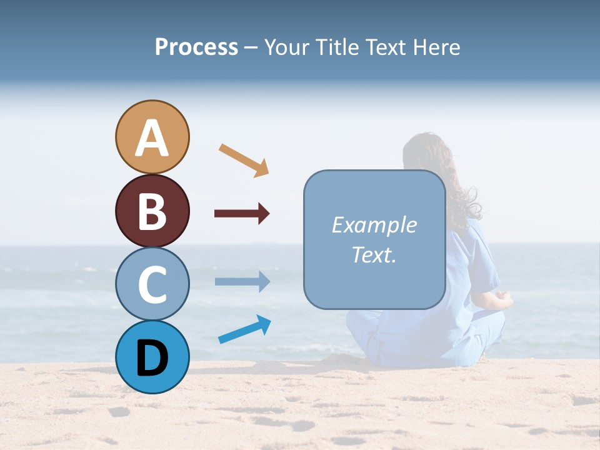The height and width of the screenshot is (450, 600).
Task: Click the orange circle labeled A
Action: (152, 137)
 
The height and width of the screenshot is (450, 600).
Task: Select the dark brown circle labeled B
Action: (152, 211)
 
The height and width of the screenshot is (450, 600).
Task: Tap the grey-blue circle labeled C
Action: (152, 284)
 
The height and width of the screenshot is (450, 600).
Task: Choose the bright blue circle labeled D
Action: (152, 357)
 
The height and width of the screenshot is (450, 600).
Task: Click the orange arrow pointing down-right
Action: (244, 160)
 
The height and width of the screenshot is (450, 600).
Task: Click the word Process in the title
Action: (196, 47)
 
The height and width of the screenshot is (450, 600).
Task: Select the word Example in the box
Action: (374, 225)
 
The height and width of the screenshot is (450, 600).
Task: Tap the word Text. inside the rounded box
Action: (374, 255)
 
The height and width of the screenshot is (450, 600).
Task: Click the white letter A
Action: (152, 138)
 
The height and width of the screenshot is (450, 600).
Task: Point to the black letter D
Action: (152, 358)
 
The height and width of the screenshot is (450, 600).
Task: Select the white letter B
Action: (152, 211)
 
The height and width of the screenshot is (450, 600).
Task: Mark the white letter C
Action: (152, 284)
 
